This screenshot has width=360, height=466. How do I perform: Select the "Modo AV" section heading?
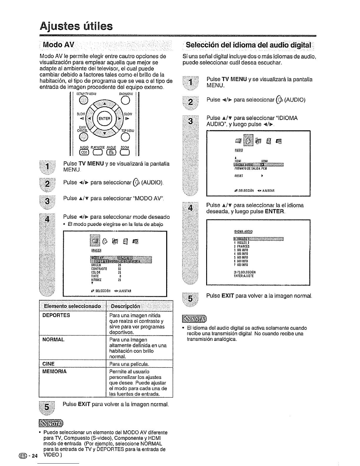(x=59, y=45)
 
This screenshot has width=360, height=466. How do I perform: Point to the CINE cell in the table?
(x=49, y=364)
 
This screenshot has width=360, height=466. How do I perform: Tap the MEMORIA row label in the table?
(x=55, y=372)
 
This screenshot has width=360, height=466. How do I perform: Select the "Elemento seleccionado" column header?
(x=72, y=306)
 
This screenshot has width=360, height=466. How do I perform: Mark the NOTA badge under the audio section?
(x=195, y=318)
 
